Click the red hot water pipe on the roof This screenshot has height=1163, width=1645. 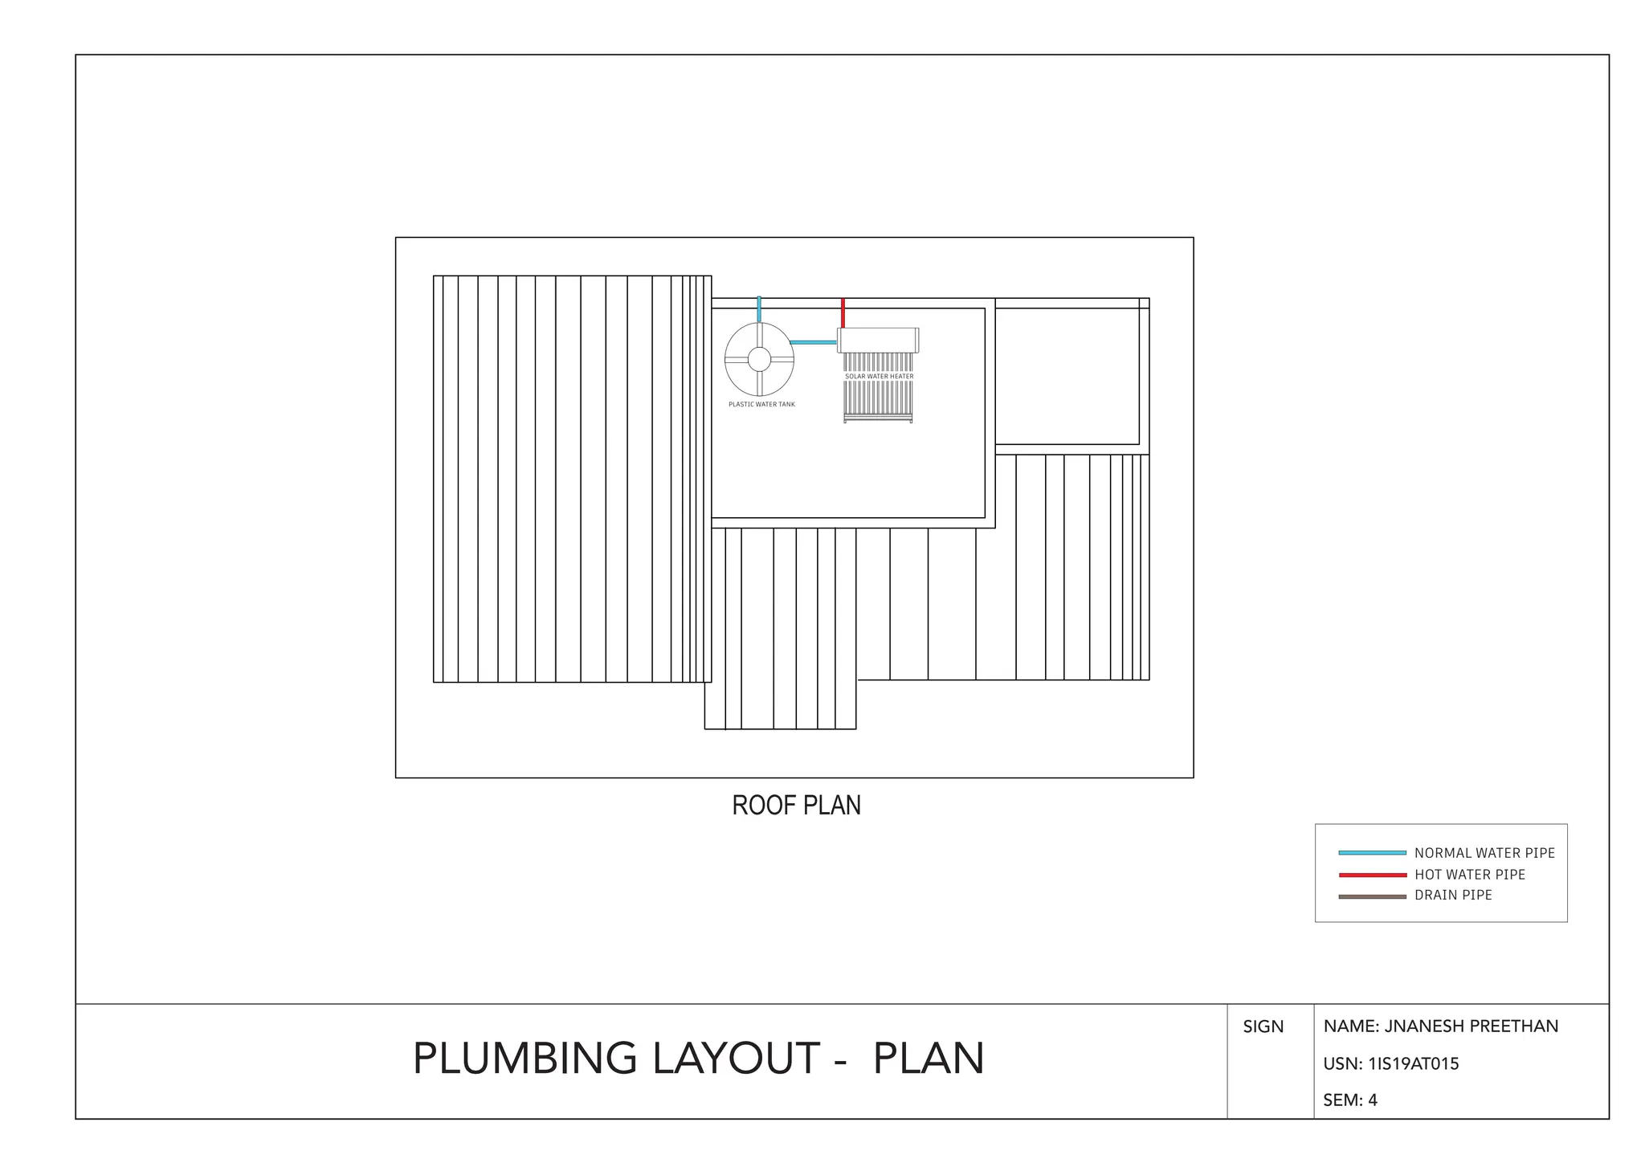843,312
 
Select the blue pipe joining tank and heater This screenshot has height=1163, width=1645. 813,342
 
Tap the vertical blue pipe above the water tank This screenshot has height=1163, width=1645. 759,309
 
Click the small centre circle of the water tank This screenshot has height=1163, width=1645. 759,359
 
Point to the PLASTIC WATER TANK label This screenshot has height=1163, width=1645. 761,404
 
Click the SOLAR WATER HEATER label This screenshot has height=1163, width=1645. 879,376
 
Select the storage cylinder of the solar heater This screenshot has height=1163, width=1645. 878,340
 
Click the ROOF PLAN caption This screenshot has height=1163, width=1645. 796,806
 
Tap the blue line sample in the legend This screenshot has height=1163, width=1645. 1372,853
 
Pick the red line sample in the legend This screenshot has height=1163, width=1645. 1372,875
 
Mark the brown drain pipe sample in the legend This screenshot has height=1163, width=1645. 1372,896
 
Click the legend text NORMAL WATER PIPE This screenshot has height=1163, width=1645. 1484,853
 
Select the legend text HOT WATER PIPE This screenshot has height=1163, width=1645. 1469,875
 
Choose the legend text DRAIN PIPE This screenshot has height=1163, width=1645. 1453,896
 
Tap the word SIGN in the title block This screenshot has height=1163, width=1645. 1263,1026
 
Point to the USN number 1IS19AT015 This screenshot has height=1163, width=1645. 1413,1064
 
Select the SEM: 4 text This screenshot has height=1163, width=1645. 1350,1100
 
